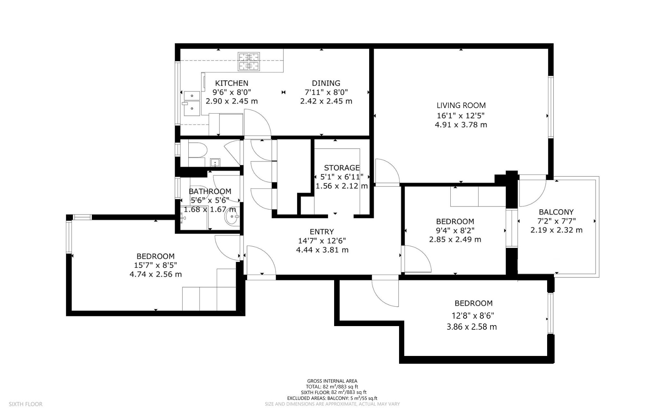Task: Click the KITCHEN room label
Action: click(232, 83)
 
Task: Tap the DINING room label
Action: click(326, 83)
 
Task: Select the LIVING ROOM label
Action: click(461, 105)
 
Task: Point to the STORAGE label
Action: click(342, 168)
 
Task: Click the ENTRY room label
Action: click(322, 232)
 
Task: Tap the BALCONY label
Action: click(556, 212)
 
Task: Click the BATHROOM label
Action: click(210, 191)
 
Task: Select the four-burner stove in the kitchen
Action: click(249, 62)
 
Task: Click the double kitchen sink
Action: click(192, 103)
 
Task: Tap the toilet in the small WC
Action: click(197, 150)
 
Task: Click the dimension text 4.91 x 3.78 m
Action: click(461, 125)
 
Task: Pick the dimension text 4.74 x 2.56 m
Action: click(156, 275)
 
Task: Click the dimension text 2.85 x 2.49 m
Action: click(455, 240)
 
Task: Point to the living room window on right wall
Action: click(551, 107)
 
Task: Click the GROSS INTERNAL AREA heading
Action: click(332, 381)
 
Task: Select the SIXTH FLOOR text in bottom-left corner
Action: click(26, 404)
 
